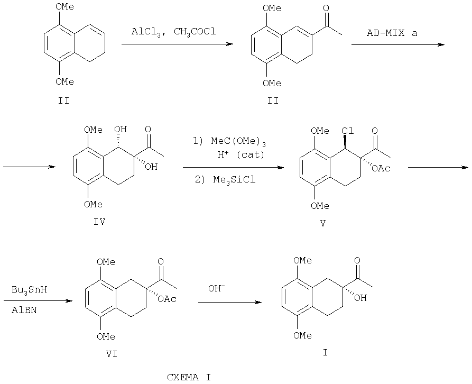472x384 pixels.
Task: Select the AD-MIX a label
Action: pos(392,33)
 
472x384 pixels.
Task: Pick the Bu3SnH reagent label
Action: pos(30,291)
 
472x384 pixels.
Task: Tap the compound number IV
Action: pos(99,222)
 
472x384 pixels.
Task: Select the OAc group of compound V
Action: pos(380,168)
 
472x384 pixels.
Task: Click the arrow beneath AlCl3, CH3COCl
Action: pos(177,44)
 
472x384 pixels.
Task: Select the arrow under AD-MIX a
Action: pos(397,44)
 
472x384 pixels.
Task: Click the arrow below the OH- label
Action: pos(229,303)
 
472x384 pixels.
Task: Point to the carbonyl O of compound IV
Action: pos(150,129)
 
